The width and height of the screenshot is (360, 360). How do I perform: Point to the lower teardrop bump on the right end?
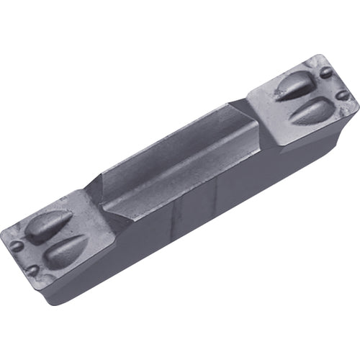coord(312,109)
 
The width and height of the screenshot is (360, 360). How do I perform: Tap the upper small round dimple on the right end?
coord(326,72)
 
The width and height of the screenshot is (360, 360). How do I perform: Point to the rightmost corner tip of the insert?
coord(358,108)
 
